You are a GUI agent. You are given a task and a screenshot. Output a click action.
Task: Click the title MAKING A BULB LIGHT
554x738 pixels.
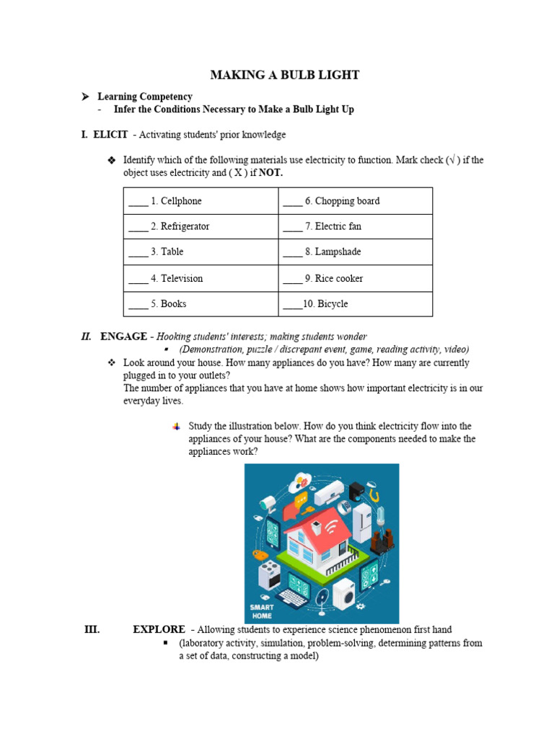pos(284,75)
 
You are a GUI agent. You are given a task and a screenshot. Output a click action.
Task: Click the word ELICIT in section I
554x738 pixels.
pos(110,135)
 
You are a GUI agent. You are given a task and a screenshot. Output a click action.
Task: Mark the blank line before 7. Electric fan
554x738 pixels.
pos(292,228)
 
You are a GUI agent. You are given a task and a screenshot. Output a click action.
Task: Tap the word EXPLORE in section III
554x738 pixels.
pos(159,629)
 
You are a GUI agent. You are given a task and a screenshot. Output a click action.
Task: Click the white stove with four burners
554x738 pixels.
pos(268,574)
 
